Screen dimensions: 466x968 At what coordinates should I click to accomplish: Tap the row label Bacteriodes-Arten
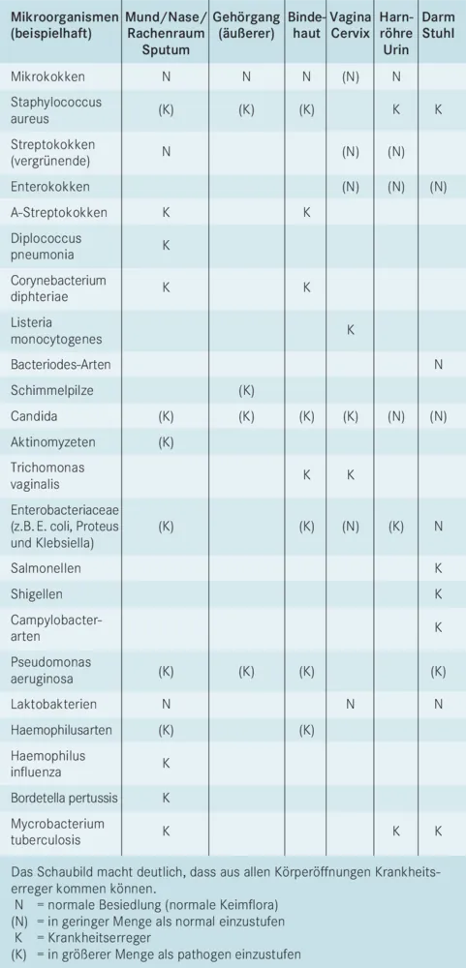coord(61,365)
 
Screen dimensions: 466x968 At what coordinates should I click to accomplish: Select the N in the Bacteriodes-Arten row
coord(439,365)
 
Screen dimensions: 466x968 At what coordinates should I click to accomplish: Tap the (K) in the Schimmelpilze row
coord(246,391)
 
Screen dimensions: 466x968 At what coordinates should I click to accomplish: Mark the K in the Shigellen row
coord(439,593)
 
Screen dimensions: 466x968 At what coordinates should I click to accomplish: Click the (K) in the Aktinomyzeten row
coord(166,442)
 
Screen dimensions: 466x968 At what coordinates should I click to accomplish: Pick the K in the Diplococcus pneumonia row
coord(166,246)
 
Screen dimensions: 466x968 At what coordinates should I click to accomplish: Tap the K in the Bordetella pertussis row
coord(166,798)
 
